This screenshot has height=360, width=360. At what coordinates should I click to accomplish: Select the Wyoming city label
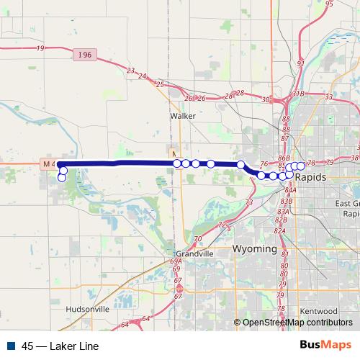click(254, 248)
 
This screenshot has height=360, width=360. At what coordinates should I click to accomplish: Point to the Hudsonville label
click(86, 308)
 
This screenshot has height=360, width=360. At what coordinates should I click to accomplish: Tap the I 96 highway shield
click(83, 53)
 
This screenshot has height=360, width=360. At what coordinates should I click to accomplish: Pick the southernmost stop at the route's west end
click(62, 177)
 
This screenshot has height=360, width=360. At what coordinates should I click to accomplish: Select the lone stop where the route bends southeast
click(240, 165)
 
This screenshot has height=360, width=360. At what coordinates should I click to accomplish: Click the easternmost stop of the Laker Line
click(301, 167)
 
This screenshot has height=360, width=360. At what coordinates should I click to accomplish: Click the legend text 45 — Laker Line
click(60, 346)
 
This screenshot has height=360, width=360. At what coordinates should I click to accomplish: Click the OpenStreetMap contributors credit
click(297, 323)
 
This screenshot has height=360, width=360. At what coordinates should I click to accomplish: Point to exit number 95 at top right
click(329, 4)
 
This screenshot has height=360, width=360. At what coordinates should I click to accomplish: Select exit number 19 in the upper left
click(39, 48)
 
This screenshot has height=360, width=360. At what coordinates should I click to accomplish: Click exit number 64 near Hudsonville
click(145, 318)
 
